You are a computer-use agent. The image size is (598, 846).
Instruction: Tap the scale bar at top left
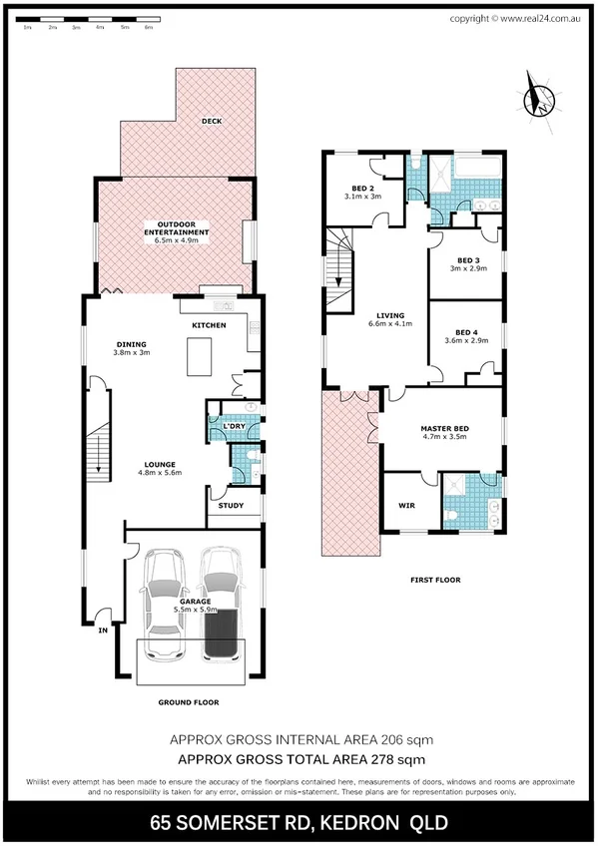(x=86, y=20)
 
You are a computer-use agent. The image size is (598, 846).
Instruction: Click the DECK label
(x=211, y=122)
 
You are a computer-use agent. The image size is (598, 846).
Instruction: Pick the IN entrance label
(x=101, y=630)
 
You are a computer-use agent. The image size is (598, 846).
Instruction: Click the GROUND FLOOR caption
(x=188, y=702)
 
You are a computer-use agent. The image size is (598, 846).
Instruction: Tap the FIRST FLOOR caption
(x=434, y=579)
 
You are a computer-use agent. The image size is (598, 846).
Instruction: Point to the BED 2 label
(x=362, y=188)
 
